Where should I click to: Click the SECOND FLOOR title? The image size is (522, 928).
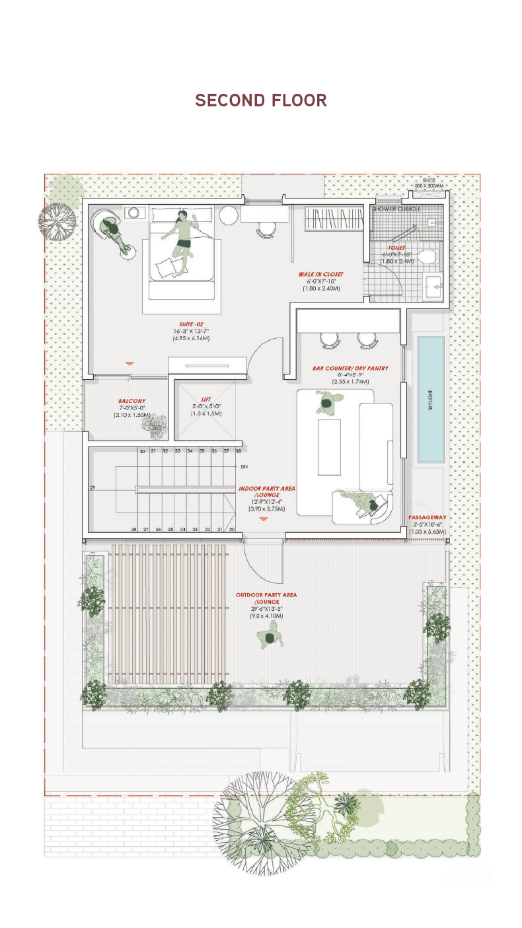tap(261, 100)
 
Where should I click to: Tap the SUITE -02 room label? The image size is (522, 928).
tap(187, 324)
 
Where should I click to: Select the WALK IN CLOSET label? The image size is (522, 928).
tap(320, 274)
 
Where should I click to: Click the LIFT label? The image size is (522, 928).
tap(206, 399)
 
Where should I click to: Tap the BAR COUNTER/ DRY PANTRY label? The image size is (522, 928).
tap(350, 368)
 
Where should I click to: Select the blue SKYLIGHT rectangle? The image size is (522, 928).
tap(431, 399)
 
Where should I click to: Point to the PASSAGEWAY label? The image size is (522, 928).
tap(427, 517)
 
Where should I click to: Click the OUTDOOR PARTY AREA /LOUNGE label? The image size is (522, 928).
tap(266, 598)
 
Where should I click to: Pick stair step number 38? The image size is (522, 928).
tap(238, 450)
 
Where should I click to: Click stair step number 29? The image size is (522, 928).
tap(93, 487)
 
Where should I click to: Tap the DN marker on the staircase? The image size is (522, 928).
tap(244, 466)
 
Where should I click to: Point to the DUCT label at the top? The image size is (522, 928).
tap(429, 180)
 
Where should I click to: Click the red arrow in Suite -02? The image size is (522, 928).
tap(130, 363)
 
